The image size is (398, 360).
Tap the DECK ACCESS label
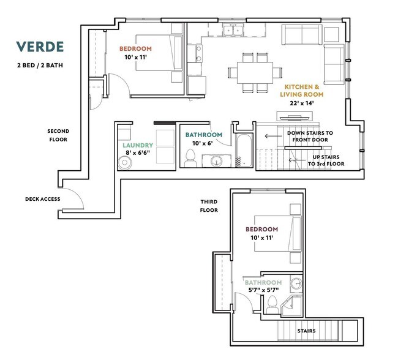(x=42, y=199)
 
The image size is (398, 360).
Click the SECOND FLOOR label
(x=58, y=135)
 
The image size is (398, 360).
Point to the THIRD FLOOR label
(x=209, y=206)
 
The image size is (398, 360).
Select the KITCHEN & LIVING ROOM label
(x=301, y=91)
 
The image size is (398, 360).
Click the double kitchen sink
(x=233, y=30)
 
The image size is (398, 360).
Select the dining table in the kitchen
(x=251, y=72)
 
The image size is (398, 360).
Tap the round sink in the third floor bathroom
(x=296, y=283)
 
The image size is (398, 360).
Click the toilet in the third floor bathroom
(x=271, y=303)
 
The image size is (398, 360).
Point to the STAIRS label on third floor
(x=307, y=331)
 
